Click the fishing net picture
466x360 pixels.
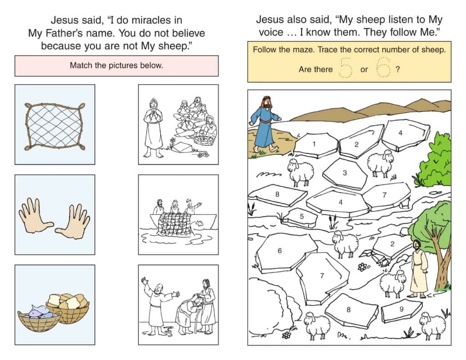point(55,126)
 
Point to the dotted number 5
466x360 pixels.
point(346,68)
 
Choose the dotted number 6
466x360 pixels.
point(383,67)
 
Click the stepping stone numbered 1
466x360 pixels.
point(316,145)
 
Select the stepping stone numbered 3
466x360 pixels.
point(345,173)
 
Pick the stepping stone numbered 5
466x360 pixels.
point(301,217)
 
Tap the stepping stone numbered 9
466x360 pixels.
point(401,311)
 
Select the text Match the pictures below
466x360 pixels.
point(116,66)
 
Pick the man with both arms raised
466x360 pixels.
point(158,306)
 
